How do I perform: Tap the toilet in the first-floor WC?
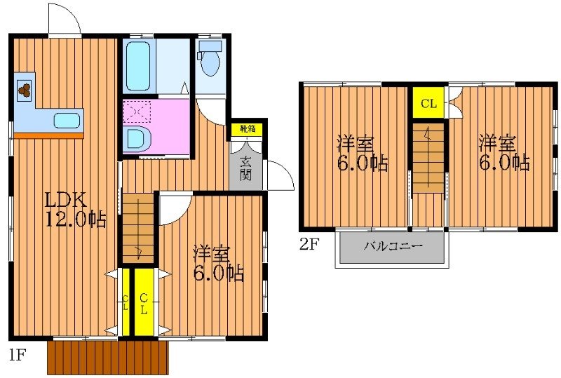coord(209,61)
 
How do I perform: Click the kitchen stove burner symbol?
coord(25,89)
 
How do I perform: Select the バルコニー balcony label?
coord(393,248)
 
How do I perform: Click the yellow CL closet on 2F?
coord(428,104)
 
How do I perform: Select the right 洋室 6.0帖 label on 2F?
coord(503,153)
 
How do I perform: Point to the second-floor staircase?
coord(427,157)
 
